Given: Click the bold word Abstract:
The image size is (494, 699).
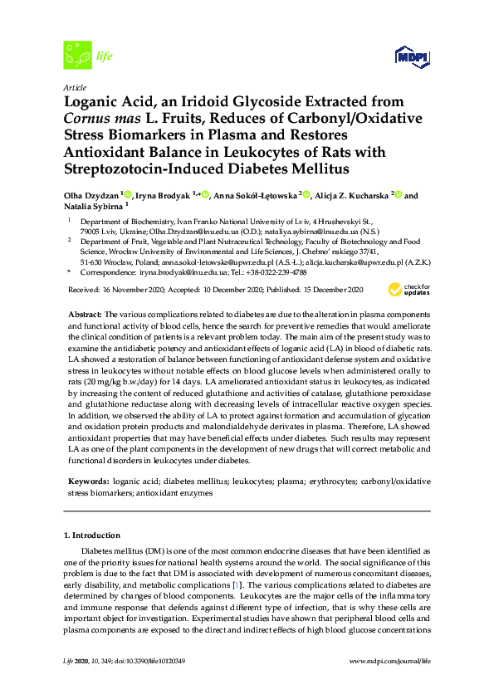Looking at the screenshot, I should [84, 316].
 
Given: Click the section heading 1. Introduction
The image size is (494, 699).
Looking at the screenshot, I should [92, 535].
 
